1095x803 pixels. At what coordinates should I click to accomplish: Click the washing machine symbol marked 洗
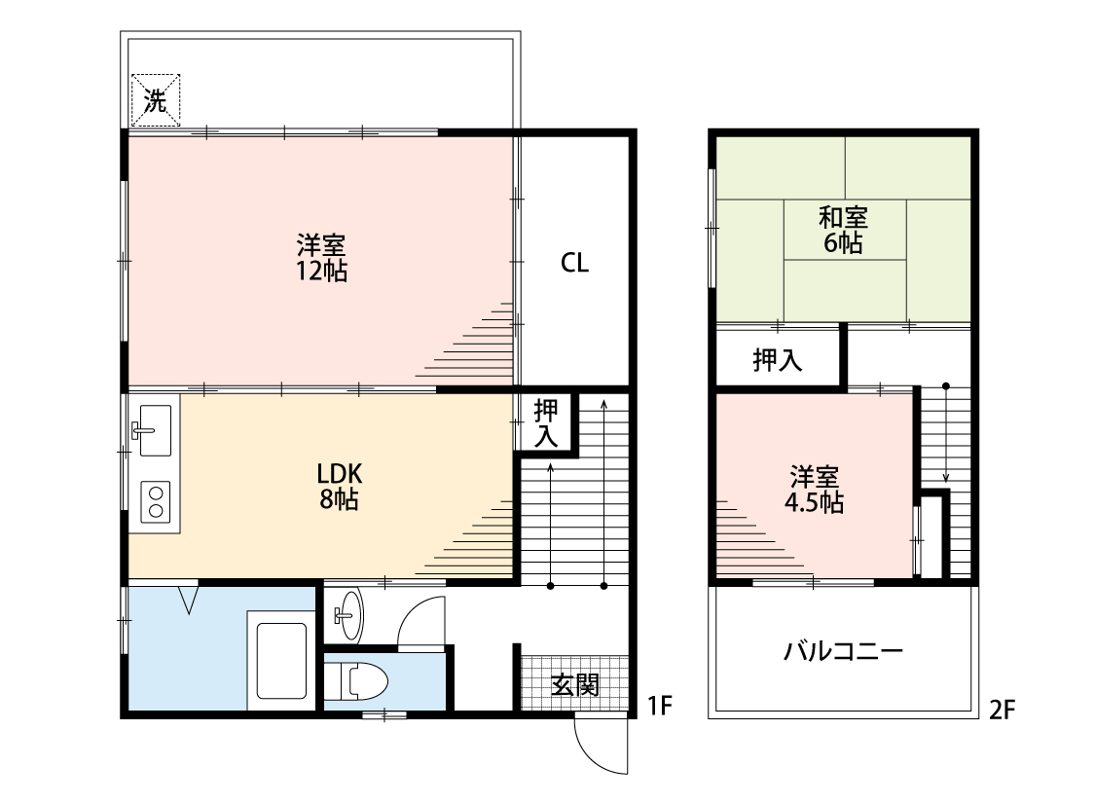tap(156, 100)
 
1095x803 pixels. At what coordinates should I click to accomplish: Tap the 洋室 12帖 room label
tap(321, 258)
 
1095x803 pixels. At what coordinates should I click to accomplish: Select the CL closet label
tap(574, 263)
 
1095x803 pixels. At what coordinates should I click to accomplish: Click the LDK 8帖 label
tap(340, 486)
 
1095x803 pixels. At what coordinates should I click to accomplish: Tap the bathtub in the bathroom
tap(281, 661)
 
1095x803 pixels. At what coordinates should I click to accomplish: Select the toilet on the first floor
tap(357, 681)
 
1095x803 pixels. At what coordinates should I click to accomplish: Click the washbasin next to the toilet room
tap(348, 614)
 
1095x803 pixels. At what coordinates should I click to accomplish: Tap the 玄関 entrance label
tap(574, 685)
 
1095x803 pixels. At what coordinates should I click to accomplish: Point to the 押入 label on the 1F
tap(546, 422)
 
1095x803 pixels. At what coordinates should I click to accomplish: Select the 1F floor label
tap(659, 706)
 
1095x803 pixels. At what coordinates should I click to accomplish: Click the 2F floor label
tap(1003, 711)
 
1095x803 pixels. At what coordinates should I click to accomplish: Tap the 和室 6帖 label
tap(843, 230)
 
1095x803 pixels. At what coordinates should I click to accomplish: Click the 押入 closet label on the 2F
tap(778, 360)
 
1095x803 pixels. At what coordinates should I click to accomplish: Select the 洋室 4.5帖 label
tap(815, 491)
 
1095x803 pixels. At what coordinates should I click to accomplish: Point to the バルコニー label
tap(844, 652)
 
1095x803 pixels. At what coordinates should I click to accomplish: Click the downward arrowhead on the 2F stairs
tap(946, 478)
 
